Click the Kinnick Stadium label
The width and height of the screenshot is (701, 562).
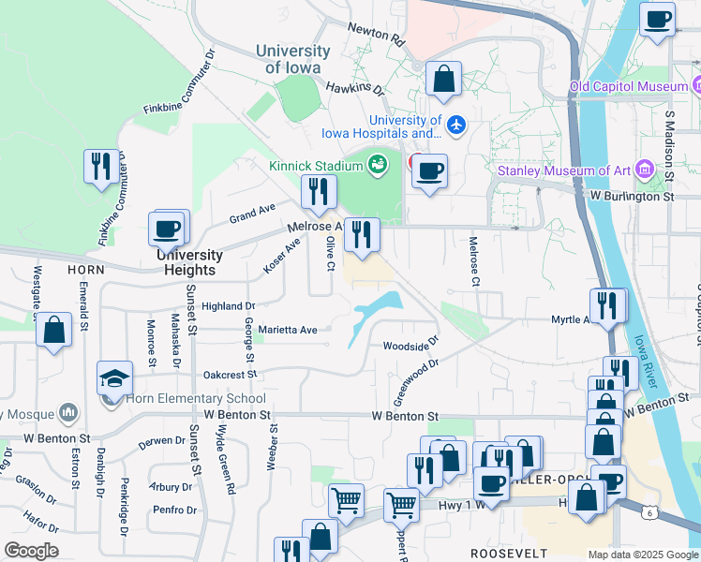click(x=315, y=166)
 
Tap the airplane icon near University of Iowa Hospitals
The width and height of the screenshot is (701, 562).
click(x=456, y=124)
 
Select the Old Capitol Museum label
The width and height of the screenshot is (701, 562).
click(x=630, y=87)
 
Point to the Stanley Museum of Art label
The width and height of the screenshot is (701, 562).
click(x=563, y=170)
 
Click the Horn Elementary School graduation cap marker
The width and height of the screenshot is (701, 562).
click(x=115, y=378)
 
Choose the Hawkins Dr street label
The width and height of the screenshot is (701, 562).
click(x=355, y=88)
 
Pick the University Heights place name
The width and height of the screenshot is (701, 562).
click(x=189, y=262)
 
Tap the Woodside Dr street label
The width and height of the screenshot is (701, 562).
click(x=410, y=346)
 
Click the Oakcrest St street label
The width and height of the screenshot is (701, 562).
click(x=230, y=374)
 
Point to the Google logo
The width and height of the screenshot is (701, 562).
click(x=31, y=551)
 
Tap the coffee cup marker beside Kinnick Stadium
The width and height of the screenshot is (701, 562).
click(x=429, y=171)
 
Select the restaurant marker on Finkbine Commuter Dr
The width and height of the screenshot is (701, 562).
click(x=101, y=167)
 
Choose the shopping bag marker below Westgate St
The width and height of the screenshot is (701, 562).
click(x=54, y=330)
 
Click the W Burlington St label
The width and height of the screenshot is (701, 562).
click(x=632, y=197)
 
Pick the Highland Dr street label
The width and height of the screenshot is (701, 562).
click(x=228, y=306)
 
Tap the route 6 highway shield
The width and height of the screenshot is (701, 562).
click(x=649, y=512)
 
